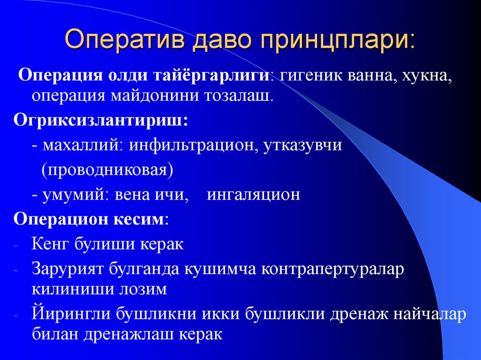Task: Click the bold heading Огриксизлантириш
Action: click(x=101, y=121)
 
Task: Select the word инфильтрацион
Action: click(x=192, y=145)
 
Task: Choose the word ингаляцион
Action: click(x=253, y=194)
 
